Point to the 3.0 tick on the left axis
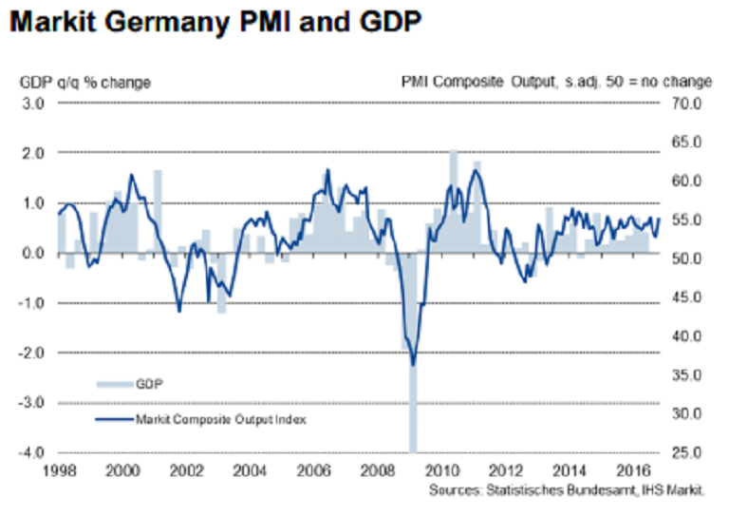click(35, 103)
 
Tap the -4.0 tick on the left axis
click(33, 453)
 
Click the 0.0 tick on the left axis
click(35, 253)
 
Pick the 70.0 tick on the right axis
click(683, 103)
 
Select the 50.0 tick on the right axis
click(683, 258)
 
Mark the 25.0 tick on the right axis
click(683, 453)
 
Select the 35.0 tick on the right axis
click(683, 375)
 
